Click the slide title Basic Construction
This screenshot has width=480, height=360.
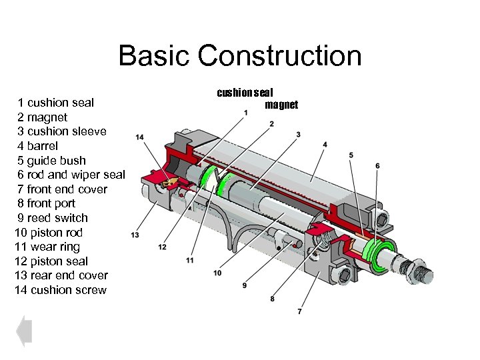click(x=240, y=56)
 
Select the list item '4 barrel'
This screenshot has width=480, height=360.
click(x=37, y=146)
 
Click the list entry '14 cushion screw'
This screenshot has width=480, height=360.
click(x=60, y=290)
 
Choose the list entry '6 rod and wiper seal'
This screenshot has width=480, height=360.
click(x=71, y=175)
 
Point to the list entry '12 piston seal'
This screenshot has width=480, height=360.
click(x=51, y=261)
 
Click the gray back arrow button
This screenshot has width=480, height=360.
click(x=24, y=331)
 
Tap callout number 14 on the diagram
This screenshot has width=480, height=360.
click(x=139, y=137)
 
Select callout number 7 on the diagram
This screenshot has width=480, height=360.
click(x=299, y=311)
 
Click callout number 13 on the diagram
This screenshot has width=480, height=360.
click(x=135, y=235)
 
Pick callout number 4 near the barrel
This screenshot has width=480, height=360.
click(x=325, y=145)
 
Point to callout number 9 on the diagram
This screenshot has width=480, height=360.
click(x=245, y=285)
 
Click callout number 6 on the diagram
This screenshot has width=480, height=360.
click(x=377, y=165)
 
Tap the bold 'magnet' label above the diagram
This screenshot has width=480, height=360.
click(x=281, y=105)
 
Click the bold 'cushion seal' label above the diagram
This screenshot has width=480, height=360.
click(x=245, y=93)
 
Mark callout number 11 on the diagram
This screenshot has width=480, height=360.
click(x=190, y=259)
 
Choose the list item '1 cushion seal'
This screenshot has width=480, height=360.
click(x=56, y=103)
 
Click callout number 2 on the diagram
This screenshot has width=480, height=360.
click(x=271, y=124)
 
